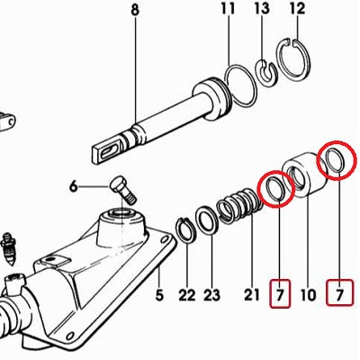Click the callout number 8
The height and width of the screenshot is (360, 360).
click(x=135, y=10)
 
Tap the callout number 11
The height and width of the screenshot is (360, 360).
click(x=228, y=9)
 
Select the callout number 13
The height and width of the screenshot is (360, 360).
click(x=262, y=9)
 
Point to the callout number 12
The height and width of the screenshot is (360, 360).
click(x=298, y=9)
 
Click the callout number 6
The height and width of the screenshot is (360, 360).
click(x=74, y=187)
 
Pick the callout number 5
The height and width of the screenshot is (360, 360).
click(x=159, y=295)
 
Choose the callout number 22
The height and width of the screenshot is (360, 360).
click(x=187, y=295)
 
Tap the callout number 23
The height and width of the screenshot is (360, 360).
click(x=211, y=295)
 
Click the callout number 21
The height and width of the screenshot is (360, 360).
click(x=251, y=295)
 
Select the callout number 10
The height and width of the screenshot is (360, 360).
click(x=309, y=295)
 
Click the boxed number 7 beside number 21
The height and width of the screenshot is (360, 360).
click(x=280, y=293)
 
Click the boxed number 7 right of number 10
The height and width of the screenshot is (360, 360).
click(x=339, y=293)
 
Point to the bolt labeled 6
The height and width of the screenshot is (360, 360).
click(x=123, y=190)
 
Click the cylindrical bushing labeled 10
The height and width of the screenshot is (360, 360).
click(x=305, y=175)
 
